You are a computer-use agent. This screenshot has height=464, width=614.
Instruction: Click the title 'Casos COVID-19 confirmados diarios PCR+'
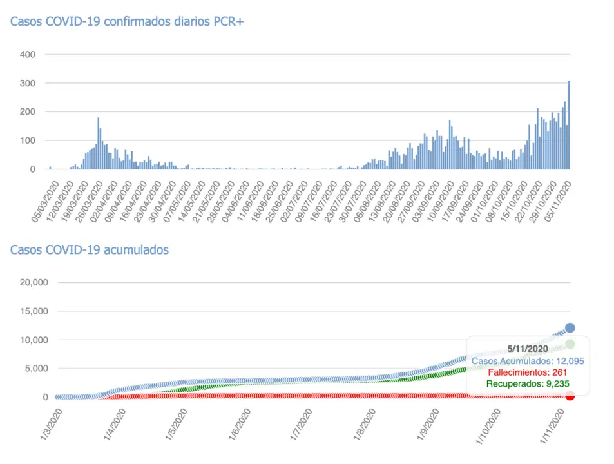tap(126, 21)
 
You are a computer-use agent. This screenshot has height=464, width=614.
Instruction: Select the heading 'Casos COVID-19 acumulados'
tap(90, 249)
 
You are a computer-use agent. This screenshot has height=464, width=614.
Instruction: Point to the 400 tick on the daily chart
tap(27, 55)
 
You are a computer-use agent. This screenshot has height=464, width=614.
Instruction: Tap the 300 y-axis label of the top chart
tap(27, 84)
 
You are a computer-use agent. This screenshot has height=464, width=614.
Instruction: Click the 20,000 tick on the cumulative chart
tap(32, 282)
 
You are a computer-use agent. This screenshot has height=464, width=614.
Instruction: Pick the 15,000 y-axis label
tap(32, 311)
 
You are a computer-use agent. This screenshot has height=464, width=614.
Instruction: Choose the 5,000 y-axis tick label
tap(35, 369)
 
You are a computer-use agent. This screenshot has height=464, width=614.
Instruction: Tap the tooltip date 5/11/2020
tap(528, 349)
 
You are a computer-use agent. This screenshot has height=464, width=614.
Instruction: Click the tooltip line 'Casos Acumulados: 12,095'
tap(528, 361)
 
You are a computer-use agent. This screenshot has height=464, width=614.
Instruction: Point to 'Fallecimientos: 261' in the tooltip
tap(528, 373)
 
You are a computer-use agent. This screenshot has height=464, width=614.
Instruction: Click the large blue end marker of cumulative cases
tap(570, 328)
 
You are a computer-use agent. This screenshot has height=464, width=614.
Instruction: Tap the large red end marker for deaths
tap(570, 395)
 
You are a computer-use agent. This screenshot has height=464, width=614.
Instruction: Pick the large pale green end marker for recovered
tap(570, 344)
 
